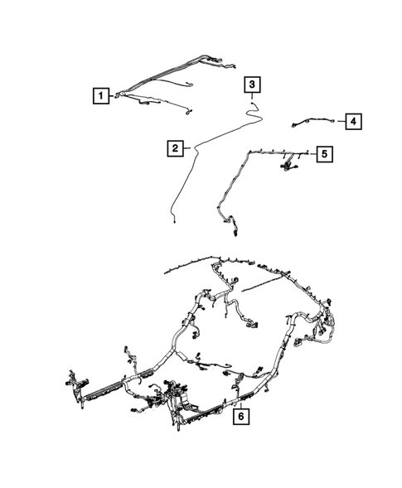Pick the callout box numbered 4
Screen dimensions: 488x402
(x=352, y=122)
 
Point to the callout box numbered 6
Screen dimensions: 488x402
(x=239, y=417)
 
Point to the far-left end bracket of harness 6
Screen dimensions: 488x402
(x=71, y=385)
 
